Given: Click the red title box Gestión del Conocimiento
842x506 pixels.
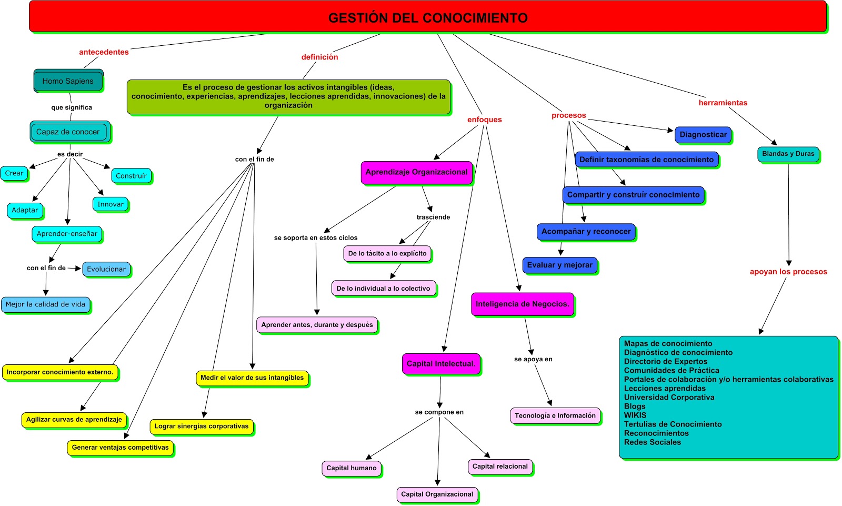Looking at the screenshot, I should pyautogui.click(x=427, y=17).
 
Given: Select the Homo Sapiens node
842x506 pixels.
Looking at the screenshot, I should pyautogui.click(x=68, y=81).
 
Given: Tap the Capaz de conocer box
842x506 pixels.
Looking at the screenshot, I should pyautogui.click(x=68, y=132).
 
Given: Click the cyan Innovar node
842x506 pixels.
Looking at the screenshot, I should pyautogui.click(x=111, y=204).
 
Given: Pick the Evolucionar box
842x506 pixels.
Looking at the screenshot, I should pyautogui.click(x=106, y=269).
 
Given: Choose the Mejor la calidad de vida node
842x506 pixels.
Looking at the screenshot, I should pyautogui.click(x=45, y=304).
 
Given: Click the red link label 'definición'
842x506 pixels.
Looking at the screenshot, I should pyautogui.click(x=319, y=57).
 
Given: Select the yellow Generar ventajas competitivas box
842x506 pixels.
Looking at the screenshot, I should pyautogui.click(x=120, y=448).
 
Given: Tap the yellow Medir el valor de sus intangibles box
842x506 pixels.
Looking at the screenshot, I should pyautogui.click(x=252, y=378).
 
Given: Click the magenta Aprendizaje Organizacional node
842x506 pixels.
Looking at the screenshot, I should pyautogui.click(x=416, y=172).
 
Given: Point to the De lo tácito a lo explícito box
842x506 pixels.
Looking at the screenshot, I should pyautogui.click(x=387, y=253).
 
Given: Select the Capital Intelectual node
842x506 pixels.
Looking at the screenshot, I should pyautogui.click(x=441, y=364).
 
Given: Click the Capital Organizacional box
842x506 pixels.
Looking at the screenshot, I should pyautogui.click(x=437, y=494).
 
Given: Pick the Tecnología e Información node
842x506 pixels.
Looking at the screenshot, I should pyautogui.click(x=555, y=415).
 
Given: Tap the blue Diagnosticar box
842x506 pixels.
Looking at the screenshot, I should pyautogui.click(x=703, y=135).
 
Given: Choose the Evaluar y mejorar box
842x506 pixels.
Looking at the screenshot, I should pyautogui.click(x=559, y=265).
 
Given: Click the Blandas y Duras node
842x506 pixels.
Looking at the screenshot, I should pyautogui.click(x=788, y=154).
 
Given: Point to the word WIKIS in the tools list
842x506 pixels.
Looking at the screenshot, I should pyautogui.click(x=635, y=415).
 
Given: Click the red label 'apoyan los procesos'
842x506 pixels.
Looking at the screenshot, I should pyautogui.click(x=788, y=272).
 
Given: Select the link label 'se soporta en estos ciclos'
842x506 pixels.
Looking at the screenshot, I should pyautogui.click(x=316, y=238).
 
